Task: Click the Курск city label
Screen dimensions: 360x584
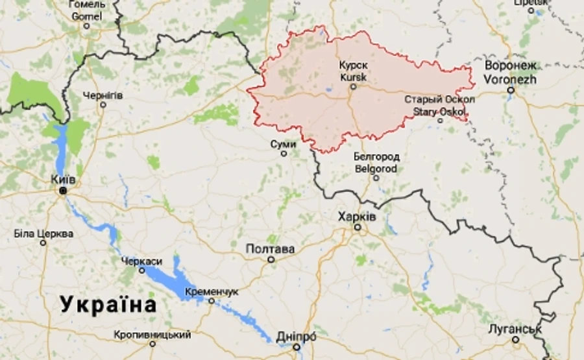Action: coord(354,66)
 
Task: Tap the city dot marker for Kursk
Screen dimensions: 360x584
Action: coord(354,86)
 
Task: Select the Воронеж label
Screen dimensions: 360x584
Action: coord(511,66)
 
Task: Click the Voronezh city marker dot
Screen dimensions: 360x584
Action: coord(511,90)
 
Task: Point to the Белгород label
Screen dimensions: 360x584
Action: coord(377,157)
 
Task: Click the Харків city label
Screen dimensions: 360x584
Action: coord(356,216)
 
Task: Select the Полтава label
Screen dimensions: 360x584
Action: coord(271,249)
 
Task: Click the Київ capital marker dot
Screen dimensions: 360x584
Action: coord(63,191)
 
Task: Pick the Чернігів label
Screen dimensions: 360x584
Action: coord(103,95)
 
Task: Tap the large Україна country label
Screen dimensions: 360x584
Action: coord(108,304)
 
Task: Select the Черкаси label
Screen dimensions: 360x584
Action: coord(141,261)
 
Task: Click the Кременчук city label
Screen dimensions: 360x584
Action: coord(212,291)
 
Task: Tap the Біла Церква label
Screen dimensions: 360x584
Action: coord(43,233)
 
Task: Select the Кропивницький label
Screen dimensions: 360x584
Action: coord(152,335)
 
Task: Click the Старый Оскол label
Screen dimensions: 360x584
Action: coord(439,99)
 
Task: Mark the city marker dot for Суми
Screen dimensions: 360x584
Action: coord(284,154)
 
